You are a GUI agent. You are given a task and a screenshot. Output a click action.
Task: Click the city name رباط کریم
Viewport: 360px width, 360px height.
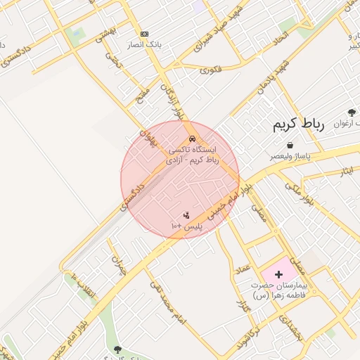click(299, 125)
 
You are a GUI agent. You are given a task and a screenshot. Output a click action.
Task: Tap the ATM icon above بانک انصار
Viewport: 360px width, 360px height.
click(145, 34)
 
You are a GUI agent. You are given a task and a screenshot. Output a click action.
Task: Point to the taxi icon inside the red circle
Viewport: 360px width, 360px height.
click(193, 138)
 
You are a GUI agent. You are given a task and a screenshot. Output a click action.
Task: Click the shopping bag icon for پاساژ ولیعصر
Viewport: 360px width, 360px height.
click(290, 145)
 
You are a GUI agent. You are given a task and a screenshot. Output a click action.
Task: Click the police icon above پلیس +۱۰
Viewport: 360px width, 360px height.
click(186, 215)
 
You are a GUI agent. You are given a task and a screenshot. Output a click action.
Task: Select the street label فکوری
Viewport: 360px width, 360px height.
click(211, 70)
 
